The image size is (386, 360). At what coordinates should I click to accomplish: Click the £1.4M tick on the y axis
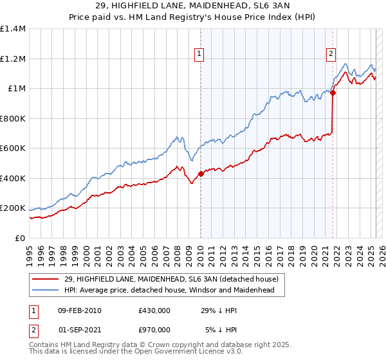(13, 29)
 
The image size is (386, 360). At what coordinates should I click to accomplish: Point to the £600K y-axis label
(13, 148)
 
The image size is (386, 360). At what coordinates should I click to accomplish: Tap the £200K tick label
(13, 208)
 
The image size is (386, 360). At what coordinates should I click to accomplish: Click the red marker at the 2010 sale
(201, 174)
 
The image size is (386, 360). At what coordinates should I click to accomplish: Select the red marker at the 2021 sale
(333, 93)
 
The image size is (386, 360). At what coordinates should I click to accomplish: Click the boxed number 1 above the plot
(200, 54)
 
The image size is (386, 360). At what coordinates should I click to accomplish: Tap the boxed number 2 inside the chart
(331, 54)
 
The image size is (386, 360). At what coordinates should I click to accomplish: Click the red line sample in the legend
(46, 279)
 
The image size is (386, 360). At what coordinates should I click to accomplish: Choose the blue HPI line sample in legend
(46, 291)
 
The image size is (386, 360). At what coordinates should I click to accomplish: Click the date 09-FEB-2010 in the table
(79, 310)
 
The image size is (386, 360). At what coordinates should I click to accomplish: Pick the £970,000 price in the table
(154, 330)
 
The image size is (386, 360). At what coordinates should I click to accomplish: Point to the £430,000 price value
(154, 310)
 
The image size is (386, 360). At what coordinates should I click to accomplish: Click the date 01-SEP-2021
(79, 330)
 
